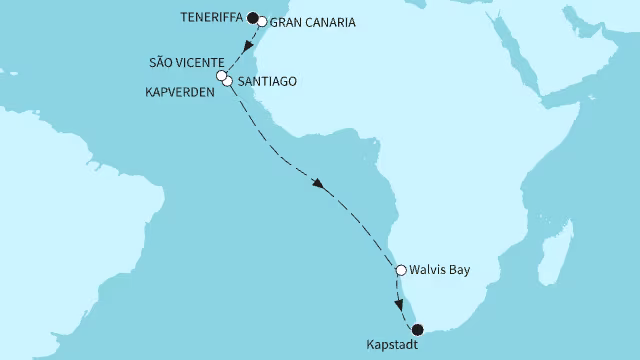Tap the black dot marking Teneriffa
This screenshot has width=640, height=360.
click(253, 16)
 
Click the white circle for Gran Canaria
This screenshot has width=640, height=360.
click(262, 21)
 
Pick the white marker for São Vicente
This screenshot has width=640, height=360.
click(221, 75)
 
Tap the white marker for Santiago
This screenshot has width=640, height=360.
click(228, 81)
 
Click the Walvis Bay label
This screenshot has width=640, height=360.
click(439, 269)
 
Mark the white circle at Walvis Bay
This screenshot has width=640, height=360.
click(401, 269)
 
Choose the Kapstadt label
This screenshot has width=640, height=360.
click(397, 346)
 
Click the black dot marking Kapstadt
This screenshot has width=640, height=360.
click(418, 329)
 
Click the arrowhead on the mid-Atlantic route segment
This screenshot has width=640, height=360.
click(318, 185)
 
